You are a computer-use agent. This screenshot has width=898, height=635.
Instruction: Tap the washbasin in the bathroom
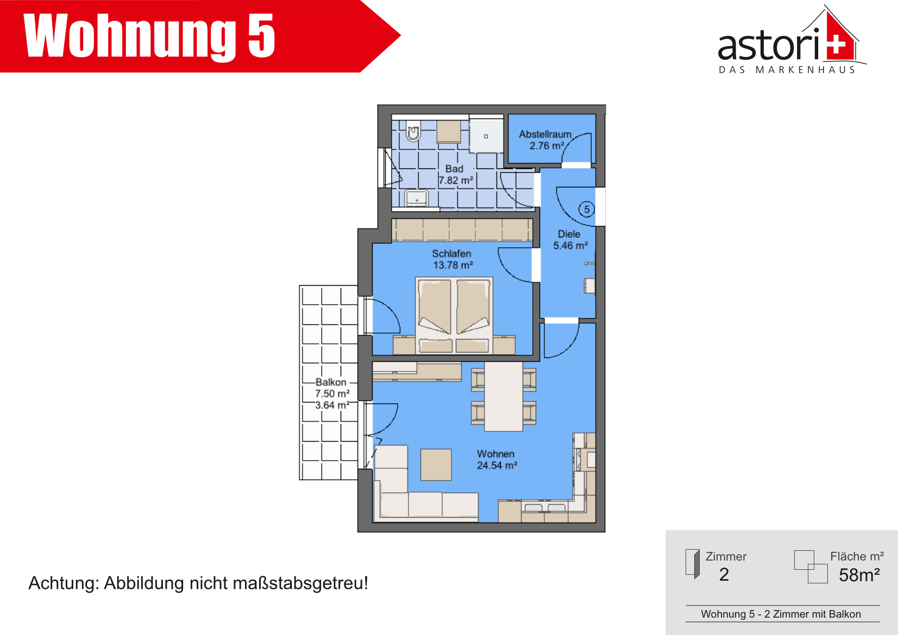click(x=417, y=198)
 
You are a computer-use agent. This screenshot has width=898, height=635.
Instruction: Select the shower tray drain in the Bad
click(x=486, y=136)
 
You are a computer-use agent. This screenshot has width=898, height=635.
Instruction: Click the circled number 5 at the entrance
click(x=587, y=209)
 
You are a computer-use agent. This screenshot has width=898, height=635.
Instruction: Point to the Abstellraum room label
click(x=545, y=134)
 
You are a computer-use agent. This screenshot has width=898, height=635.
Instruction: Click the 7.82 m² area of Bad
click(x=456, y=180)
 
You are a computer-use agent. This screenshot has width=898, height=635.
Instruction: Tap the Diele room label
click(x=569, y=234)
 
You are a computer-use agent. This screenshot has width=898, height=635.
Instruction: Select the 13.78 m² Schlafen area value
click(x=453, y=265)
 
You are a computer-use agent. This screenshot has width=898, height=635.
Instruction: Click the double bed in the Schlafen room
click(x=454, y=316)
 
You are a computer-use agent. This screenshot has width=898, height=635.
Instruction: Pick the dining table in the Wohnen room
click(x=504, y=397)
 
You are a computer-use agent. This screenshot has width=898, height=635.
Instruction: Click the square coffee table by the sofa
click(x=436, y=464)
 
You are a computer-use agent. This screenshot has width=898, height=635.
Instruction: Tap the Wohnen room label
click(x=495, y=454)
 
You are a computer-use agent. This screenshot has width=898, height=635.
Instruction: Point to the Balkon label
click(x=331, y=382)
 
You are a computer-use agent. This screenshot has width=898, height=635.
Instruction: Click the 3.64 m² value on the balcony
click(x=332, y=405)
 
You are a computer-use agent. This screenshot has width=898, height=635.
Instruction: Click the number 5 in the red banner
click(x=261, y=35)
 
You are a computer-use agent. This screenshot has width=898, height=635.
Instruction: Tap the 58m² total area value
click(x=859, y=575)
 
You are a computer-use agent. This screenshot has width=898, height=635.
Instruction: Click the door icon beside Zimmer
click(x=693, y=564)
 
